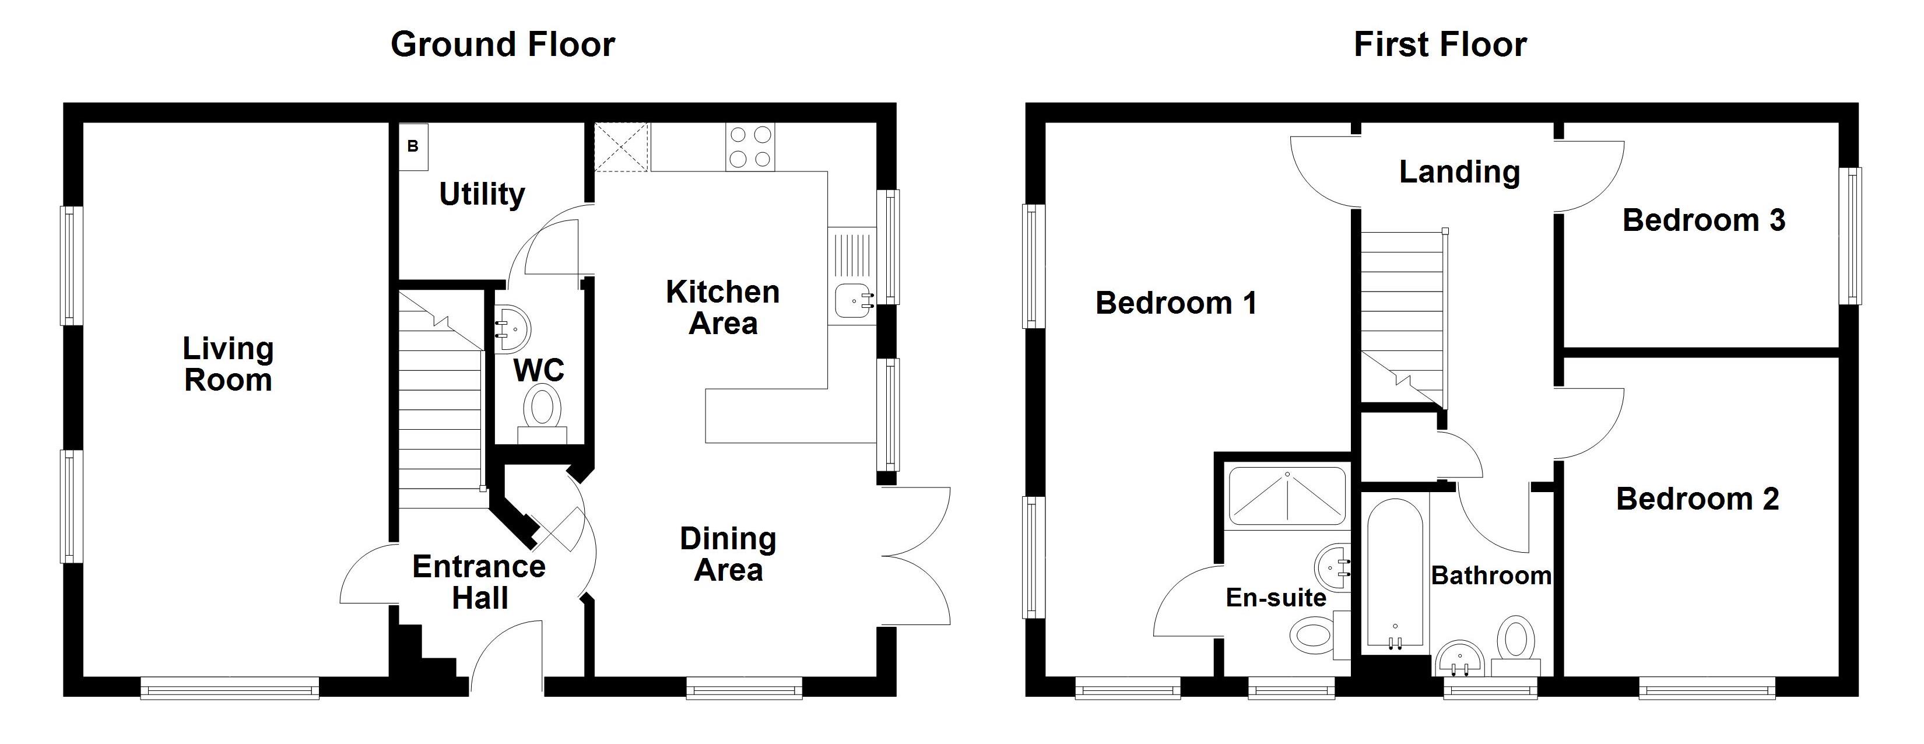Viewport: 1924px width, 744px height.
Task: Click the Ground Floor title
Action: tap(503, 45)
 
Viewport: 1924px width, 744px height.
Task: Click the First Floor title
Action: tap(1440, 45)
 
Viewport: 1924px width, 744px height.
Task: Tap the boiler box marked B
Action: tap(413, 146)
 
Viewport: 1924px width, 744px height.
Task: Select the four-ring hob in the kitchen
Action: tap(750, 147)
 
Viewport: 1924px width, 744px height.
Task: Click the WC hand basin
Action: tap(512, 328)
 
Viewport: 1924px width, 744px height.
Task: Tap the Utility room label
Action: tap(482, 195)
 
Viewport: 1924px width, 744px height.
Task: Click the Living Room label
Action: tap(229, 364)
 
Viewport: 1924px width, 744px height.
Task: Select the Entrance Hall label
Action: tap(479, 582)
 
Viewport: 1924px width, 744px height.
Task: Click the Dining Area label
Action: tap(728, 555)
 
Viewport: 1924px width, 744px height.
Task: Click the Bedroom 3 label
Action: tap(1704, 220)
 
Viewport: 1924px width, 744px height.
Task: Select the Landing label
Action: tap(1459, 173)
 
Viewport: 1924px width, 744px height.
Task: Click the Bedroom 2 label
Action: tap(1698, 499)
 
